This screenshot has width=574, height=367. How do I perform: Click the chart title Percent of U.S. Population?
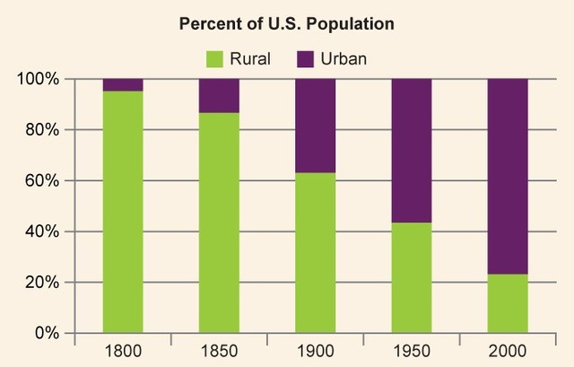click(287, 22)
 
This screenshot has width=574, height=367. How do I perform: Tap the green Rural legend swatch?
click(216, 59)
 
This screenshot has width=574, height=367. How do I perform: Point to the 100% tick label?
click(39, 79)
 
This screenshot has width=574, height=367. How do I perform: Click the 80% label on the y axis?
click(42, 130)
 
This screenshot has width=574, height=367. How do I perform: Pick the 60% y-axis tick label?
click(42, 180)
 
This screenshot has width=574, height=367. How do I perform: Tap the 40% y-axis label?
click(42, 232)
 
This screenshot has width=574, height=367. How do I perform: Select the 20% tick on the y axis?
click(42, 283)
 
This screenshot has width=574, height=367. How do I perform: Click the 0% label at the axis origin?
click(47, 333)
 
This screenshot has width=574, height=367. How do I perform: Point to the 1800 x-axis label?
click(123, 351)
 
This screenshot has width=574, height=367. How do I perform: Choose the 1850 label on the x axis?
click(219, 351)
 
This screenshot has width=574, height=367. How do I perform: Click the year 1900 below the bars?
click(315, 351)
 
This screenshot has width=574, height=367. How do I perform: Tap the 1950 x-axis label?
click(411, 351)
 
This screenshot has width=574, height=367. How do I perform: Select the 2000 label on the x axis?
click(507, 351)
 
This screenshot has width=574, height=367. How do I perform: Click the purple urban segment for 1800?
click(123, 85)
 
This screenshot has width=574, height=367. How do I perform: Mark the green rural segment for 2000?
click(507, 303)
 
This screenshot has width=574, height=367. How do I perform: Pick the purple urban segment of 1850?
click(219, 96)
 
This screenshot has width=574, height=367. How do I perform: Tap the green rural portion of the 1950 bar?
click(411, 278)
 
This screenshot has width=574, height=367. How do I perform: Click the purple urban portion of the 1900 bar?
click(315, 126)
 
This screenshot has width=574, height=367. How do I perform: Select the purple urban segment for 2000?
click(507, 176)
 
